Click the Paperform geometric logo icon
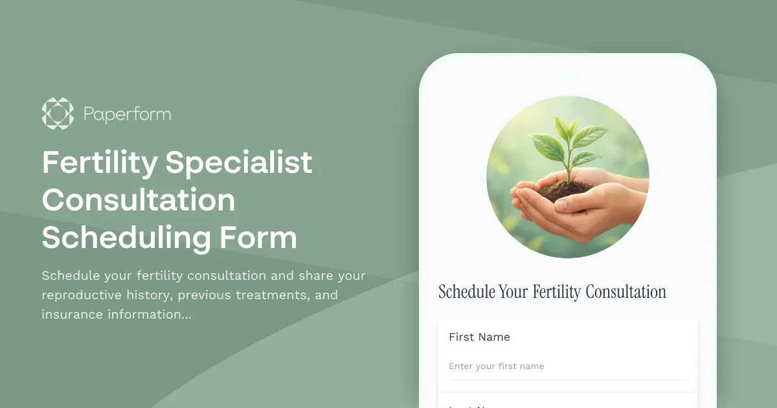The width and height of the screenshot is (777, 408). point(58,113)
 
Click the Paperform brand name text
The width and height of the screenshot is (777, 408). point(127,115)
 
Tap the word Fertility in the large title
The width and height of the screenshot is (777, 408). point(99,163)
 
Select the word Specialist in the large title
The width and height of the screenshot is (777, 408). point(238,163)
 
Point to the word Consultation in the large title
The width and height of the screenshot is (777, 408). point(139,200)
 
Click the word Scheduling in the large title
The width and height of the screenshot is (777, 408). point(126,238)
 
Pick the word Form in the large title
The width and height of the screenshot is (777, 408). point(258,238)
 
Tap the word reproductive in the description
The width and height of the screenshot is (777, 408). point(82,295)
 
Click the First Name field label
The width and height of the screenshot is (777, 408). point(479,337)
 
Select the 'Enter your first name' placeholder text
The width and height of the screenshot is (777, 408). point(496,367)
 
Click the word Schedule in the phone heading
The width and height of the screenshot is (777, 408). point(466,292)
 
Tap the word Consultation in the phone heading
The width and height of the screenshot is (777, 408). point(625,292)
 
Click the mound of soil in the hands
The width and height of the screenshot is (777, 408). point(565,190)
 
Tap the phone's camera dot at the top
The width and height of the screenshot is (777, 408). point(567,76)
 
